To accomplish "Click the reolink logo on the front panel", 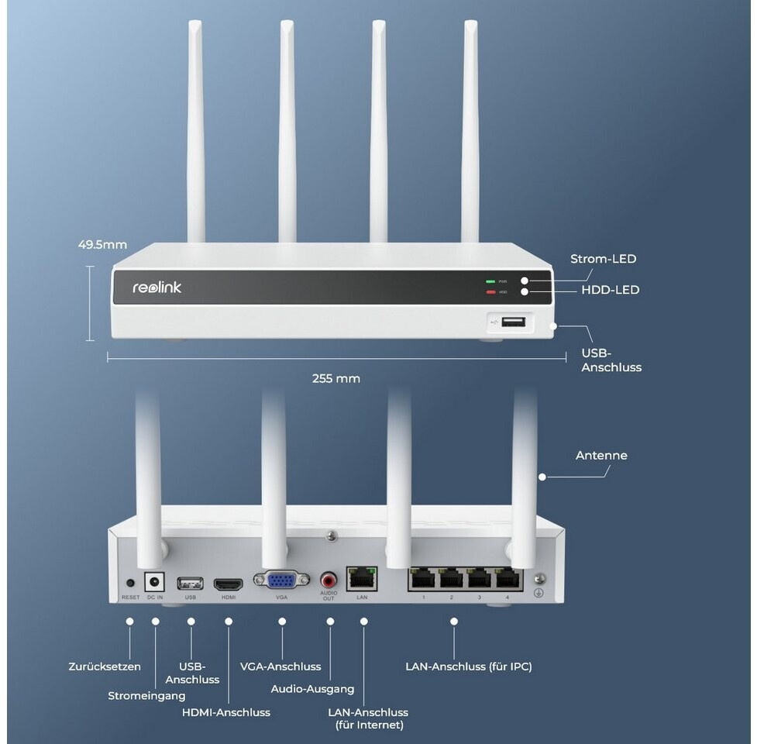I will (x=157, y=288).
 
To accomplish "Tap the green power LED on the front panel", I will (x=490, y=281).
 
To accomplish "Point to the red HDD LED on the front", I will (x=490, y=292).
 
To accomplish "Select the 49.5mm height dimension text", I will (x=102, y=245).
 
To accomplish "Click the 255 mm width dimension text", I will (x=335, y=379).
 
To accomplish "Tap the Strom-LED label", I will (x=603, y=259).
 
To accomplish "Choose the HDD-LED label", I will (x=610, y=290).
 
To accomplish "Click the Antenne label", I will (x=601, y=455).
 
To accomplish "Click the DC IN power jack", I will (x=155, y=582).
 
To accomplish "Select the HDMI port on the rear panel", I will (x=228, y=583).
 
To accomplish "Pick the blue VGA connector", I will (x=281, y=581).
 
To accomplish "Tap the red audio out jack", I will (x=329, y=580).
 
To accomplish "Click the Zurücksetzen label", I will (x=105, y=666).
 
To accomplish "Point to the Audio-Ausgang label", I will (x=312, y=688).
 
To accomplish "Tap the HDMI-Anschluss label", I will (x=225, y=711).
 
